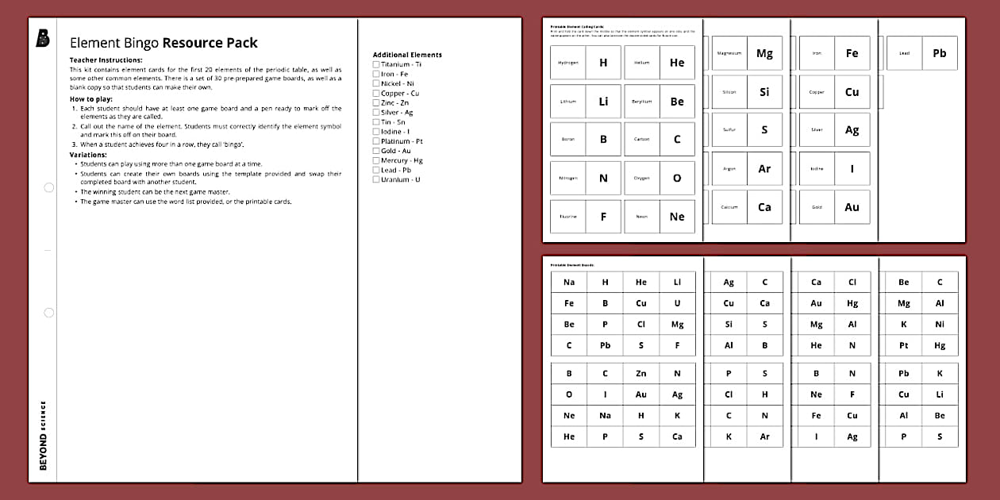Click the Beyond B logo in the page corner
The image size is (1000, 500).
pos(43,39)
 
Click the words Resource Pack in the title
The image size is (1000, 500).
pos(210,43)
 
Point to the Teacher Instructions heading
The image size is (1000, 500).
pos(106,60)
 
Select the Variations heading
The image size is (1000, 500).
pos(88,155)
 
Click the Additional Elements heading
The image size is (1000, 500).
pos(407,55)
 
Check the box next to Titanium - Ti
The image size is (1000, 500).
pos(376,64)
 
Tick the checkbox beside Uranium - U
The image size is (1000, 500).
pos(376,179)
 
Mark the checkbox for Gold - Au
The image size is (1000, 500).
pos(376,151)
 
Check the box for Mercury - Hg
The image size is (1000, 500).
pos(376,160)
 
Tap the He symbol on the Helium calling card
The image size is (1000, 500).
pos(677,63)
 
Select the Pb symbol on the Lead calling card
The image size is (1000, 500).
pos(940,53)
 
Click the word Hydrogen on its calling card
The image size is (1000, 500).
pos(568,63)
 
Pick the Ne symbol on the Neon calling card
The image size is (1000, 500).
pos(677,217)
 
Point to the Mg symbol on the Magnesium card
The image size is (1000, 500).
pos(764,53)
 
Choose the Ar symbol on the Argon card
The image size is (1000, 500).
pos(764,169)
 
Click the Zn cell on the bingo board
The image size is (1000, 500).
pos(641,373)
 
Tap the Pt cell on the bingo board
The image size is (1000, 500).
pos(904,346)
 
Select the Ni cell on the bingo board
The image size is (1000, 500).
pos(940,325)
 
